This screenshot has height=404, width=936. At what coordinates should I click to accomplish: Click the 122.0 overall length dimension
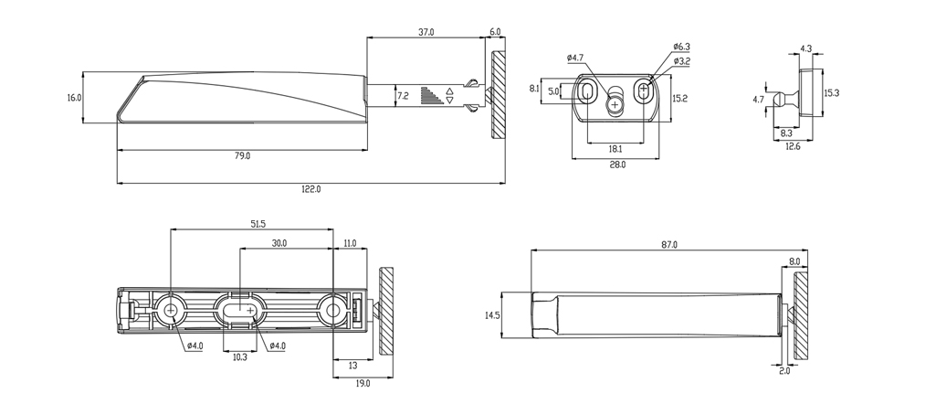[x=310, y=189]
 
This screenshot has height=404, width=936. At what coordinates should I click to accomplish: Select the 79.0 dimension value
[x=242, y=156]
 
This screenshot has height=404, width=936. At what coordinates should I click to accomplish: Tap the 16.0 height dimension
[x=74, y=97]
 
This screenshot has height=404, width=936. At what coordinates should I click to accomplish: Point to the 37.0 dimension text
[x=426, y=32]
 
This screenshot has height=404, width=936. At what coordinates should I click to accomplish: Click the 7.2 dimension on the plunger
[x=402, y=95]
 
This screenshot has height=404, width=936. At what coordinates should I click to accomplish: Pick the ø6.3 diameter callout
[x=681, y=46]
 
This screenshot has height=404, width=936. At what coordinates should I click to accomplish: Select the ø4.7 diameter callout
[x=575, y=58]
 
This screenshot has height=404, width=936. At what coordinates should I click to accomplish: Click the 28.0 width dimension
[x=617, y=165]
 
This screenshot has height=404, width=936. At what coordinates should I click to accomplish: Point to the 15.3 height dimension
[x=832, y=92]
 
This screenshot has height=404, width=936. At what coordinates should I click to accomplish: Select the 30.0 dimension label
[x=279, y=243]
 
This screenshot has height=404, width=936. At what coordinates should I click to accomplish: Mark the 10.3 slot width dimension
[x=239, y=357]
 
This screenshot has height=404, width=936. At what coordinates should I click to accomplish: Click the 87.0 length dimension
[x=669, y=245]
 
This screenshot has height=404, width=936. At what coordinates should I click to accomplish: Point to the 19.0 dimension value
[x=363, y=384]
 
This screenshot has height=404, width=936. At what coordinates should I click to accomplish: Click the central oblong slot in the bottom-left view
[x=243, y=311]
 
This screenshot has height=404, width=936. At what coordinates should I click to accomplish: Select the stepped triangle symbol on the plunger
[x=429, y=95]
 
